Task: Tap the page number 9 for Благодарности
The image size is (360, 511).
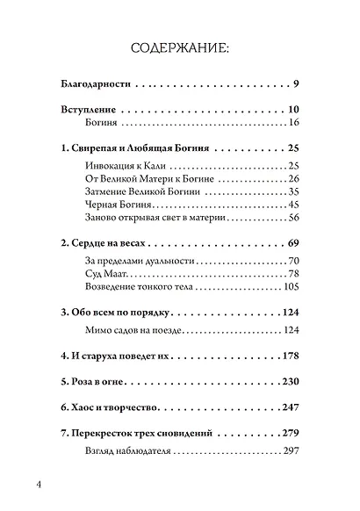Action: point(298,85)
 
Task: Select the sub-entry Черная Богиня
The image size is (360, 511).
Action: point(102,205)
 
